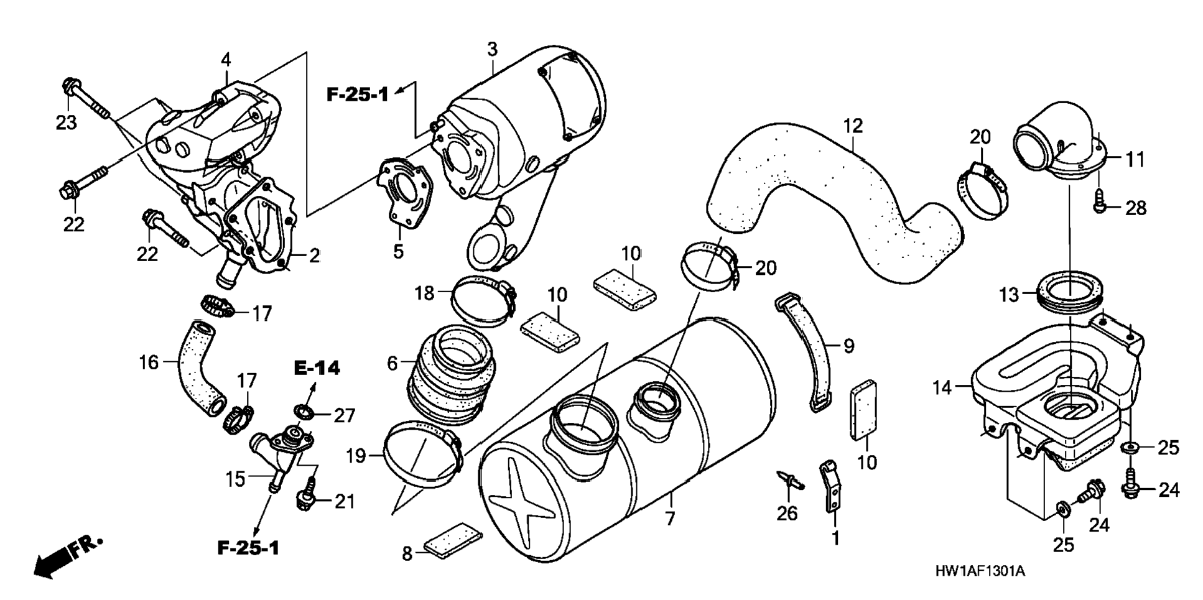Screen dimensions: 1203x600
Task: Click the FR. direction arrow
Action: pos(67,556)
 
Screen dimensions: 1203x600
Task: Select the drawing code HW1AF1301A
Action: pos(979,571)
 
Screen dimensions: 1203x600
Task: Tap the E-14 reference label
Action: pos(317,368)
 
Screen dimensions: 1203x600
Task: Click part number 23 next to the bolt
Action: pos(66,122)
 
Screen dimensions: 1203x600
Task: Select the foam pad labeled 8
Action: pos(453,538)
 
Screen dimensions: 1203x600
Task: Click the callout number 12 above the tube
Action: pos(853,126)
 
